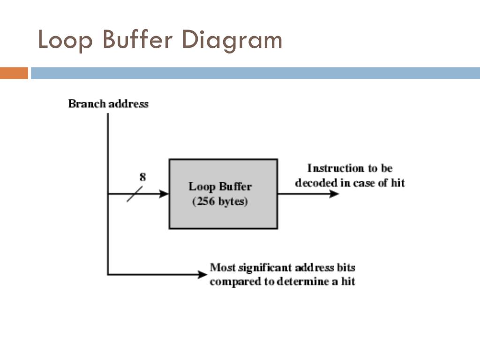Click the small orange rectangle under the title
pyautogui.click(x=14, y=73)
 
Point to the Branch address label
pyautogui.click(x=108, y=104)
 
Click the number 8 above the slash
pyautogui.click(x=142, y=177)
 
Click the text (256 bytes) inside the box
pyautogui.click(x=220, y=202)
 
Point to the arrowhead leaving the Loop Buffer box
pyautogui.click(x=333, y=194)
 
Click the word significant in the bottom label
pyautogui.click(x=266, y=268)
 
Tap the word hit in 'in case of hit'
pyautogui.click(x=397, y=182)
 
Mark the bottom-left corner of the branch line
pyautogui.click(x=108, y=274)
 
